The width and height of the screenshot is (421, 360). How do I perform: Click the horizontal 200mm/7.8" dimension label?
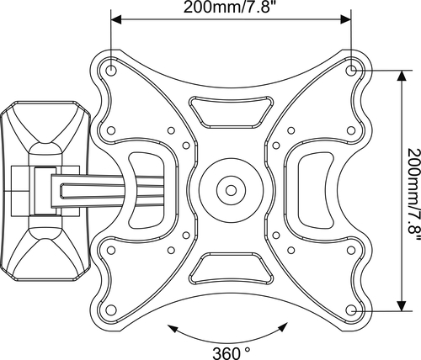click(x=229, y=8)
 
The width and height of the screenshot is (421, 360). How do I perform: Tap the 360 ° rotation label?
click(x=231, y=353)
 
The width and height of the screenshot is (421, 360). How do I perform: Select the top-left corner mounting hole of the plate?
click(x=111, y=70)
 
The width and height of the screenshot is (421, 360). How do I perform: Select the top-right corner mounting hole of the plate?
click(x=351, y=70)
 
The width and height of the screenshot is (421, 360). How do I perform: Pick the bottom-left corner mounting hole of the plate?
click(x=111, y=310)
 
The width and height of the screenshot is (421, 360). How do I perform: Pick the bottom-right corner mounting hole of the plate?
click(x=351, y=310)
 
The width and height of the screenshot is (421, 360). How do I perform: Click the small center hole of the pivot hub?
click(x=231, y=190)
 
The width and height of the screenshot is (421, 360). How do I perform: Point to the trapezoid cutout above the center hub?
click(x=231, y=112)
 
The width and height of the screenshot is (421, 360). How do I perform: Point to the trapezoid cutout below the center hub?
click(x=231, y=268)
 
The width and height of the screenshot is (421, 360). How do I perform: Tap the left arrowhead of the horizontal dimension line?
click(x=116, y=19)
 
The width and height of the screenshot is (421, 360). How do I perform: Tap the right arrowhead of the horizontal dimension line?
click(x=346, y=19)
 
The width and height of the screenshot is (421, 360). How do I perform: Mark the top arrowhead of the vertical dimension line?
click(x=402, y=75)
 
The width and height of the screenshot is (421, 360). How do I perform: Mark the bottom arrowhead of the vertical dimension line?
click(x=402, y=305)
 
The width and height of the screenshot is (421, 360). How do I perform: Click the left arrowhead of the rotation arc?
click(x=172, y=329)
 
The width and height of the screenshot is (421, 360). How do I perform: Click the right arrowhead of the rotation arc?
click(x=283, y=327)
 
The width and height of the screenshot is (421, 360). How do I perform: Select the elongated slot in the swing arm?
click(x=112, y=191)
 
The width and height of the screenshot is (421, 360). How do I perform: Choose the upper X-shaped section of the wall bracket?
click(x=45, y=124)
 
